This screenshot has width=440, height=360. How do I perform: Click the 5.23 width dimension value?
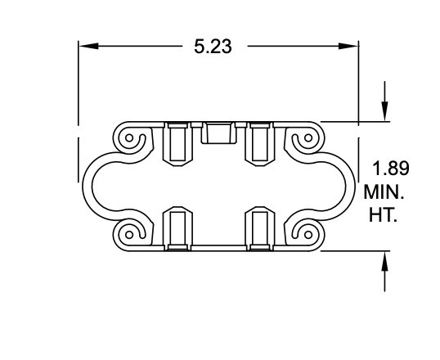tap(213, 47)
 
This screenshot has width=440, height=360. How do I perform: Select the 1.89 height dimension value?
tap(391, 169)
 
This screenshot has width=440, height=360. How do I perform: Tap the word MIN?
tap(384, 194)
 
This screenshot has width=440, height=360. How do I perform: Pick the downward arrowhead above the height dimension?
tap(385, 114)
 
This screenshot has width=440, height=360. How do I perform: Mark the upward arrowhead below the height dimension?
tap(385, 259)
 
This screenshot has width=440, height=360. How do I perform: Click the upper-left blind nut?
tap(177, 142)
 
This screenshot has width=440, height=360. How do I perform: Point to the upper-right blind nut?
tap(260, 142)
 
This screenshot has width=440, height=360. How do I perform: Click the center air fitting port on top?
tap(218, 132)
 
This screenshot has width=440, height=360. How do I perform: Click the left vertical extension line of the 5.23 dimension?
tap(79, 82)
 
